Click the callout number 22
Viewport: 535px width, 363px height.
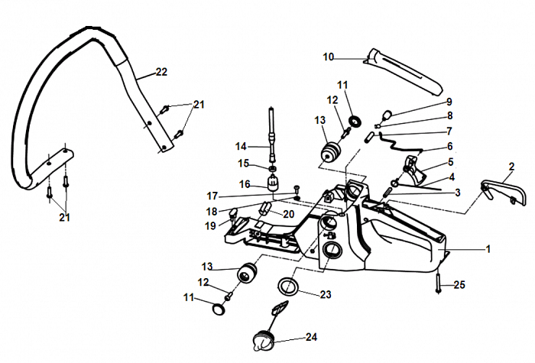point(160,73)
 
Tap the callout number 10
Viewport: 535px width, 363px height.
point(328,57)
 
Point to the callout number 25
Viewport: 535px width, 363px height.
point(459,285)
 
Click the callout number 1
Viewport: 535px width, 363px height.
point(488,248)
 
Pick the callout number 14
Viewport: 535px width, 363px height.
point(240,146)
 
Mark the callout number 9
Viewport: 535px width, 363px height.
point(449,102)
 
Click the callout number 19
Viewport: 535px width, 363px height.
point(211,225)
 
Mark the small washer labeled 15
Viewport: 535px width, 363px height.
point(273,167)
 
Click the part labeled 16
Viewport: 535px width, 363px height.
point(273,183)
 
